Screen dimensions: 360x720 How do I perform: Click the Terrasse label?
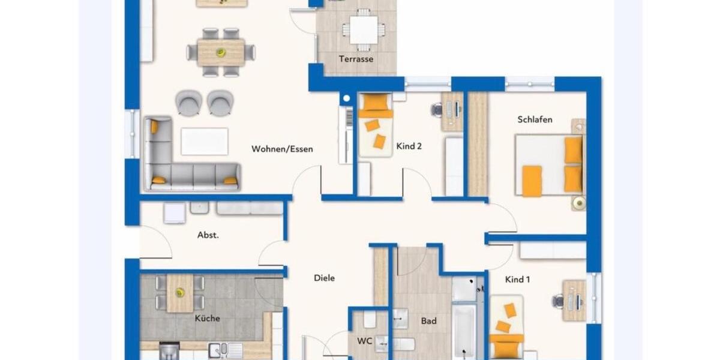click(356, 59)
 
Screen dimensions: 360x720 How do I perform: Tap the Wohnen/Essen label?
click(282, 149)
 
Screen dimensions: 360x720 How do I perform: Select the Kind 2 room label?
click(409, 146)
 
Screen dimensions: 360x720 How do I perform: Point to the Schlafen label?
click(535, 119)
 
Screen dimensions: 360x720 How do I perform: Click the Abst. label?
click(208, 235)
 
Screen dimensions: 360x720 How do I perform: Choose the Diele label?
click(324, 278)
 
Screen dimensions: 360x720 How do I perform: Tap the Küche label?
click(207, 318)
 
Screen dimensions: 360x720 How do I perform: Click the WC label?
click(365, 341)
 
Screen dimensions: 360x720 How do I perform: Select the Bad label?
click(428, 321)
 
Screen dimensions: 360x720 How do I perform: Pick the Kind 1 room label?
click(517, 279)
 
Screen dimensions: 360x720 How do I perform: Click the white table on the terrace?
click(364, 29)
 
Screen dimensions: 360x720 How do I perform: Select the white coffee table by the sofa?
click(205, 142)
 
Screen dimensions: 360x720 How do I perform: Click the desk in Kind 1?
click(574, 300)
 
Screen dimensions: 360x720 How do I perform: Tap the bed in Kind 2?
click(375, 126)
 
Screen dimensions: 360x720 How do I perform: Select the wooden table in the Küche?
click(179, 293)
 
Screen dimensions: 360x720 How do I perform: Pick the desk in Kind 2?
click(452, 111)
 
